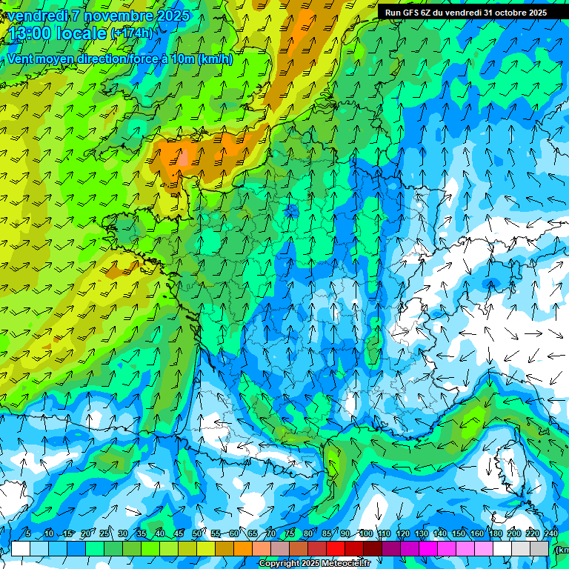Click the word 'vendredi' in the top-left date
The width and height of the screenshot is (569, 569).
coord(36,16)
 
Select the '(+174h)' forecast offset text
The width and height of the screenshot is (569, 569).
coord(132,33)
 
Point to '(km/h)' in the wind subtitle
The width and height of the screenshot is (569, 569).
coord(216,59)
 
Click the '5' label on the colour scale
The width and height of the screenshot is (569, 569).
coord(27,534)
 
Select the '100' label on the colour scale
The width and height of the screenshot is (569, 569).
coord(365,534)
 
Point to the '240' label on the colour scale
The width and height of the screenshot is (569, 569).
coord(550,534)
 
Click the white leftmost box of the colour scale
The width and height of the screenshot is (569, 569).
coord(21,548)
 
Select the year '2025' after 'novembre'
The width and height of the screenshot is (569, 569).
coord(173,16)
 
